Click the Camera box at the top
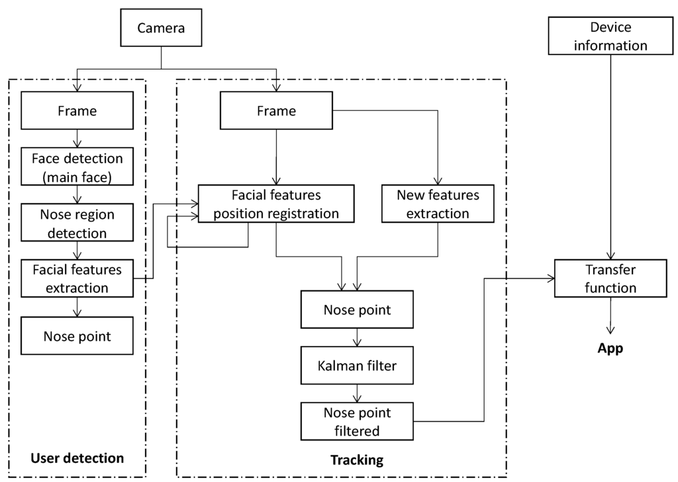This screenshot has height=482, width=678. click(162, 28)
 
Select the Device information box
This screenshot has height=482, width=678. click(610, 36)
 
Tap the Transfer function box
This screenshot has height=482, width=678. click(610, 278)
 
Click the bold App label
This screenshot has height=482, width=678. click(610, 348)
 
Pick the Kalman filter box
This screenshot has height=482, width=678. click(357, 365)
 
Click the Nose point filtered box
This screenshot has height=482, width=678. click(357, 422)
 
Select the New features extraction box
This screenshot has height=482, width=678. click(437, 204)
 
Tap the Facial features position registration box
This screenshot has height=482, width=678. click(276, 204)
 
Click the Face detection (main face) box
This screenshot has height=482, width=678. click(78, 166)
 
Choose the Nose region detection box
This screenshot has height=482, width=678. click(78, 223)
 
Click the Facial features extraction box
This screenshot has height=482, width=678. click(78, 278)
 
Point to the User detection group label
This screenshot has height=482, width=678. click(77, 458)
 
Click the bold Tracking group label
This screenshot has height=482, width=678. click(357, 459)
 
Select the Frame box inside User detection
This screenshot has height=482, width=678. click(78, 111)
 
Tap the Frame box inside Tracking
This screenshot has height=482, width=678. click(276, 111)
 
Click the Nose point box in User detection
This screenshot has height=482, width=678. click(78, 335)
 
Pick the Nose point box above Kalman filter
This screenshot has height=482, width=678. click(357, 310)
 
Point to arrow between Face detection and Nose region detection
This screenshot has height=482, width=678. click(78, 194)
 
